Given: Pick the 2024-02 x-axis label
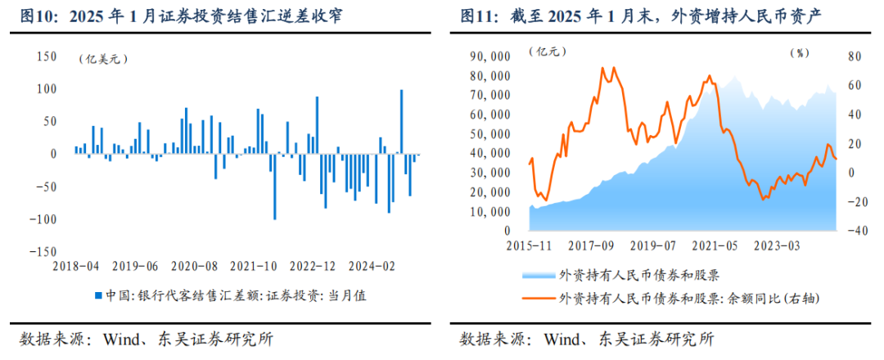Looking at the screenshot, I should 373,266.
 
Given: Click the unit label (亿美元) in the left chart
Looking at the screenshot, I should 104,59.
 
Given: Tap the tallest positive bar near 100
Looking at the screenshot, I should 401,121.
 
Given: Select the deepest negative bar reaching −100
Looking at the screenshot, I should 274,187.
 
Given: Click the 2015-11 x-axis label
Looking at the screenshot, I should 530,245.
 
